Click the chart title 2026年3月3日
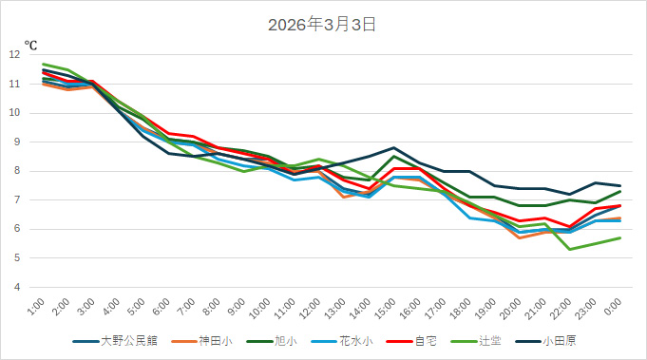coord(323,25)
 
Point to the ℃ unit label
coord(30,44)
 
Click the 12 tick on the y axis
coord(14,55)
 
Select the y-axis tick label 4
coord(16,287)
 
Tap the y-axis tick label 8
coord(16,171)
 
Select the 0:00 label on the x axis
coord(616,307)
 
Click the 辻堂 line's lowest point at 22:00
coord(570,249)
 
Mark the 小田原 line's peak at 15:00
coord(393,148)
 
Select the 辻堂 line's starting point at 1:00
coord(44,64)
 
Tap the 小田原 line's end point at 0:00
coord(620,186)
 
